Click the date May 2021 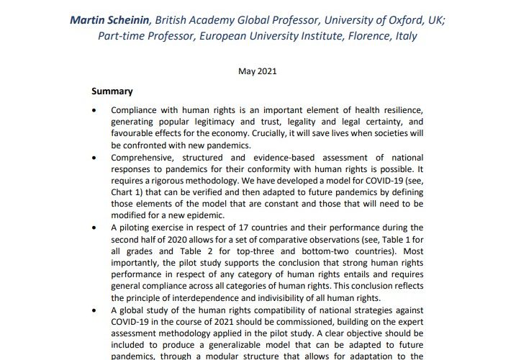pos(258,71)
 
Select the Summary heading pos(112,92)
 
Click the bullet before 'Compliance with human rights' pos(94,111)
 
